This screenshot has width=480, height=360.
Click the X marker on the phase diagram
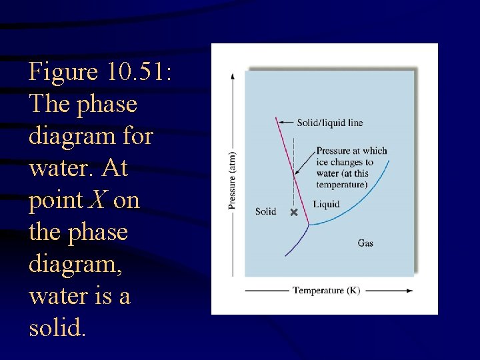pyautogui.click(x=293, y=213)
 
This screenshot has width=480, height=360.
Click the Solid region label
pyautogui.click(x=265, y=211)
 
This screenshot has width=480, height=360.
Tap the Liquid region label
pyautogui.click(x=326, y=204)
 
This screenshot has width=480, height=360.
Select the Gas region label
pyautogui.click(x=365, y=243)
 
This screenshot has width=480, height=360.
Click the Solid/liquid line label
pyautogui.click(x=330, y=123)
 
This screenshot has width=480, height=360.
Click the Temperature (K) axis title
pyautogui.click(x=327, y=291)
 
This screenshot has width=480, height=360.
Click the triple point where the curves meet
pyautogui.click(x=307, y=225)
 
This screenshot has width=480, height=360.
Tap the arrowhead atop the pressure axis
pyautogui.click(x=232, y=75)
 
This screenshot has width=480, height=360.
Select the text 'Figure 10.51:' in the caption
pyautogui.click(x=100, y=71)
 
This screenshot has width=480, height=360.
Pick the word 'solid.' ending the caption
pyautogui.click(x=58, y=327)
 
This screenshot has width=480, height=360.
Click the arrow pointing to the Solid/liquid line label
pyautogui.click(x=287, y=123)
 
